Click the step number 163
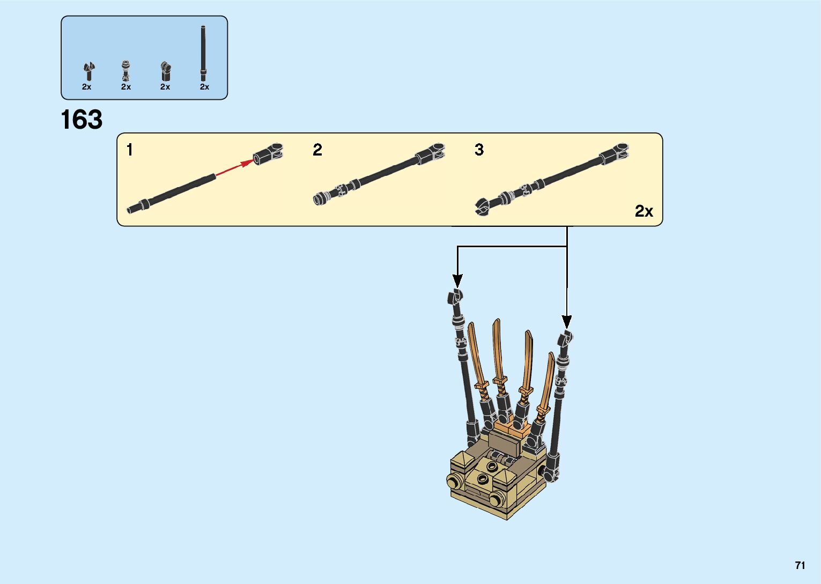82,120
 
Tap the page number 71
800,565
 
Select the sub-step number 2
317,150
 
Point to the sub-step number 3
479,150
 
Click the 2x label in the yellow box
644,211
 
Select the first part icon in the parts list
88,71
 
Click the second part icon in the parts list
126,71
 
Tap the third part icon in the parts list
165,71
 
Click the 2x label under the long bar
204,87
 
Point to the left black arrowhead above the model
457,280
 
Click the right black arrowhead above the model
567,322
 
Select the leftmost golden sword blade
474,351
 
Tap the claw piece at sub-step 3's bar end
483,206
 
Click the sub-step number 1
129,150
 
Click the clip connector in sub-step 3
615,153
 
